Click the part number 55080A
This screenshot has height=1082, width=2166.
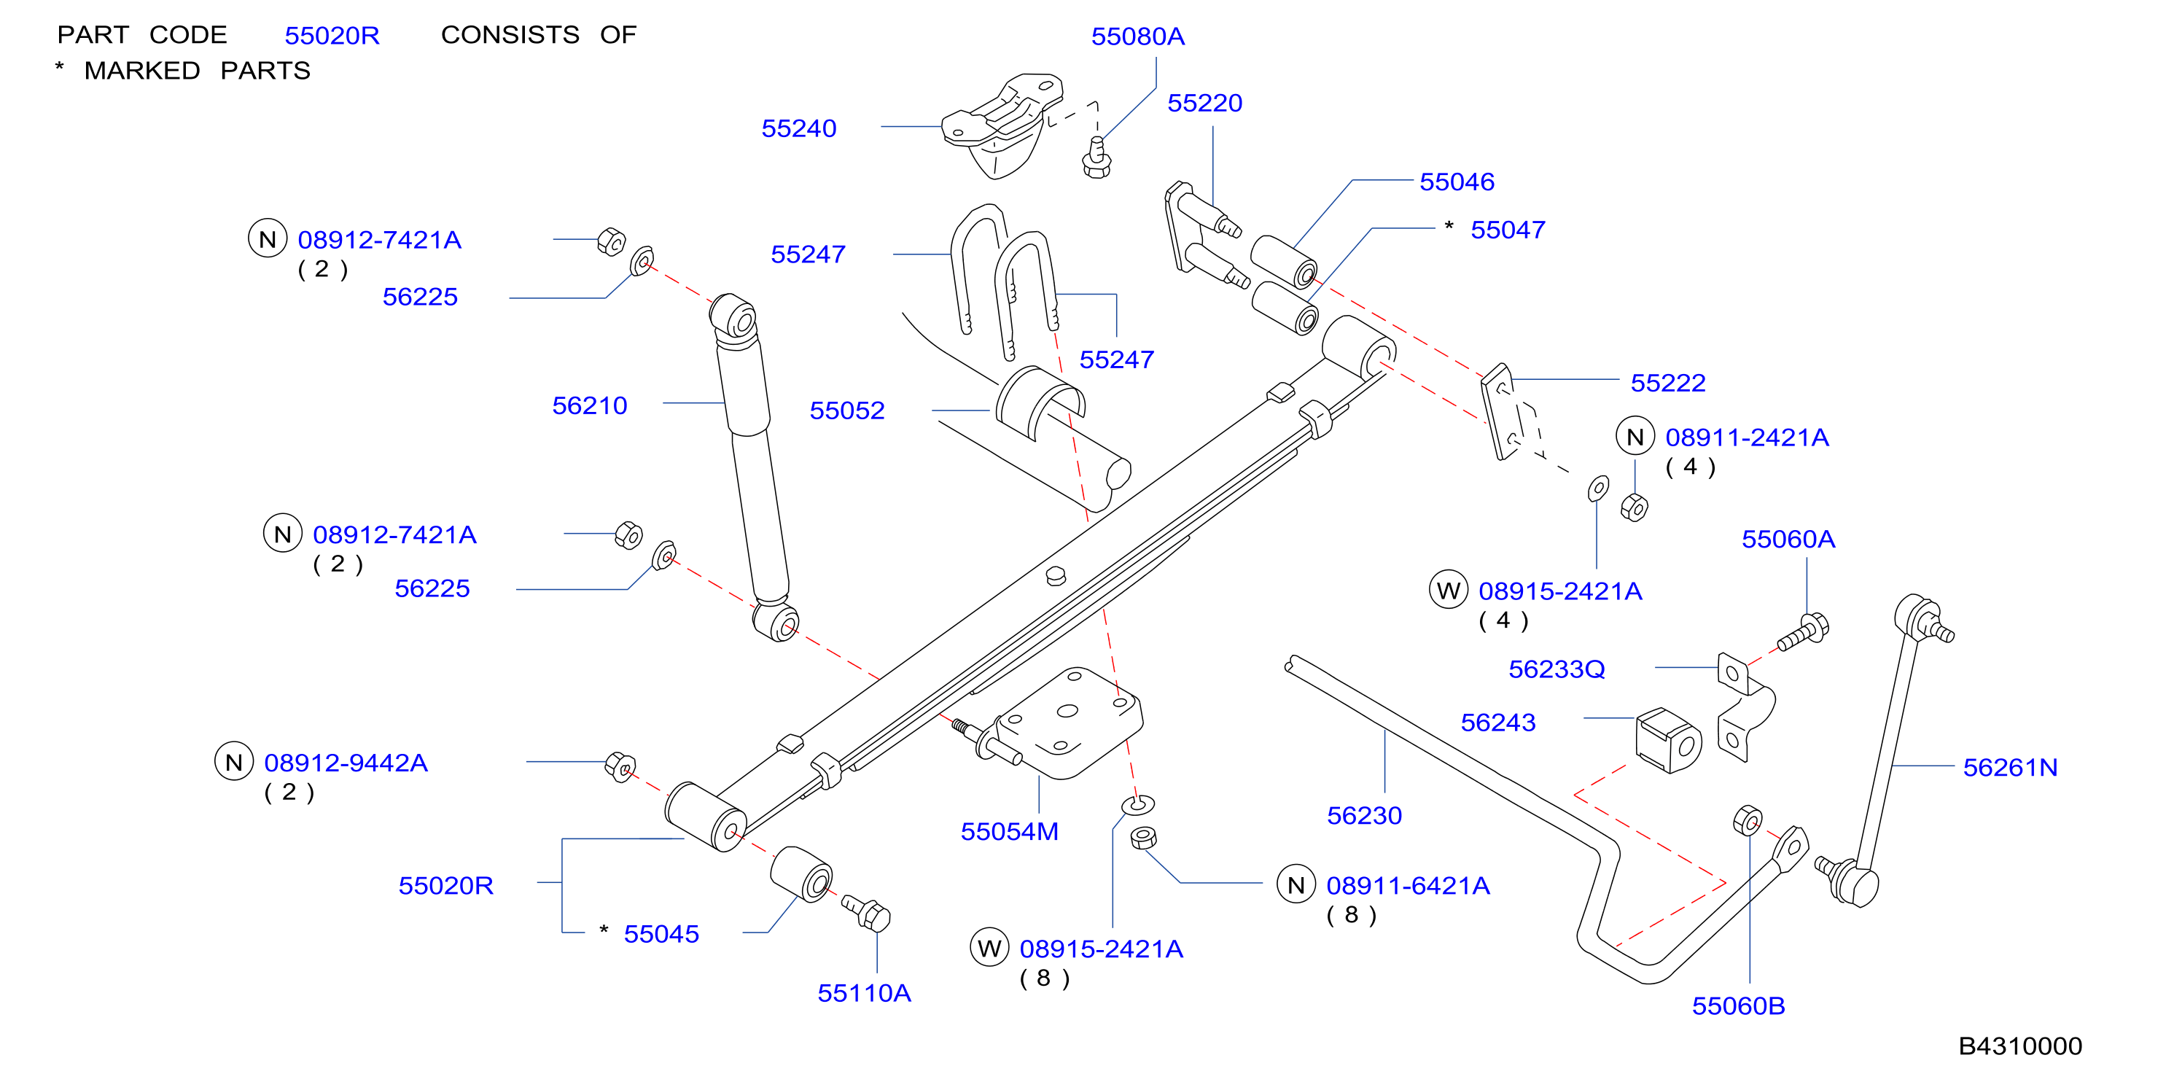click(x=1137, y=36)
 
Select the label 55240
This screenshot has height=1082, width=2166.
click(x=799, y=128)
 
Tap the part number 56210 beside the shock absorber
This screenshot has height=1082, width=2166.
click(x=589, y=406)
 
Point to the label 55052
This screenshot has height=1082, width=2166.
click(x=846, y=410)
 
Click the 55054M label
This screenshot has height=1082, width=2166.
click(x=1009, y=831)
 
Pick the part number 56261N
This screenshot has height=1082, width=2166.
click(x=2009, y=768)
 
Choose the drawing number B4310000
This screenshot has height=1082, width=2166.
click(x=2019, y=1046)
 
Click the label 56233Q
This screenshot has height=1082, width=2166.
click(x=1557, y=669)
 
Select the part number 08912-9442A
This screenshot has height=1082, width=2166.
click(x=346, y=763)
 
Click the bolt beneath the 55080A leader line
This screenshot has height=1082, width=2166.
click(x=1096, y=158)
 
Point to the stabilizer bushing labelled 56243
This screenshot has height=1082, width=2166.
click(x=1667, y=740)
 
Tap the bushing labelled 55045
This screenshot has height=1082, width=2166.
click(x=801, y=874)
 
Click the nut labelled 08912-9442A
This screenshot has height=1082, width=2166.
click(x=620, y=767)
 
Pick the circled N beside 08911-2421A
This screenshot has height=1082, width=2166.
click(x=1635, y=436)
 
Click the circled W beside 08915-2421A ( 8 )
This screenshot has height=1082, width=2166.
click(x=989, y=948)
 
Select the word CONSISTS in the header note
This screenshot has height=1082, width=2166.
click(x=510, y=34)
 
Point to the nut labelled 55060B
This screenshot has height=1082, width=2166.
click(x=1748, y=820)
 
